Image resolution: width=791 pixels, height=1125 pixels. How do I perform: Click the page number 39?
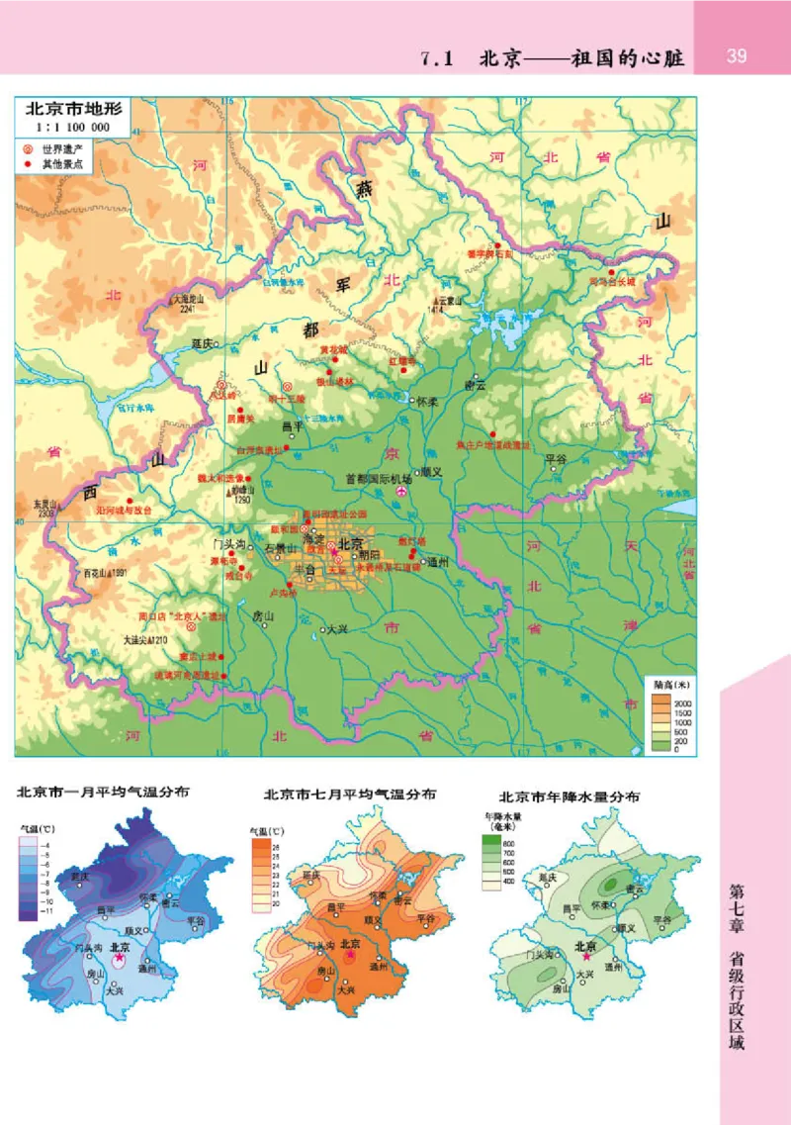pyautogui.click(x=737, y=55)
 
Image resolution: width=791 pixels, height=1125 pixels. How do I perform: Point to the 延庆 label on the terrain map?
pyautogui.click(x=203, y=344)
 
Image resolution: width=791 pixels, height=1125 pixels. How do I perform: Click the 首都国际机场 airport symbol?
pyautogui.click(x=401, y=492)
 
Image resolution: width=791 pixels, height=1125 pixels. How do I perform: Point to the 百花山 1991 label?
pyautogui.click(x=106, y=573)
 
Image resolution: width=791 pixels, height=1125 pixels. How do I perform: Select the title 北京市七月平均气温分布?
pyautogui.click(x=351, y=795)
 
